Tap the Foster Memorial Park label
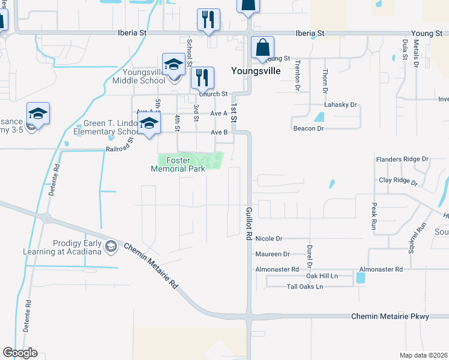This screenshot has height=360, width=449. [178, 164]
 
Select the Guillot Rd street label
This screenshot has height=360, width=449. [249, 224]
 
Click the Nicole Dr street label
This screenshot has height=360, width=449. [268, 239]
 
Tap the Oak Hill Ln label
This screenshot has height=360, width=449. [322, 276]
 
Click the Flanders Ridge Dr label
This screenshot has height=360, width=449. [402, 160]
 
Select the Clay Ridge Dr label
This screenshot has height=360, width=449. [397, 180]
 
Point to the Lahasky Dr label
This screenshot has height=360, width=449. [340, 104]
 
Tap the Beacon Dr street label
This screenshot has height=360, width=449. [309, 128]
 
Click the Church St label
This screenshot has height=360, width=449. [214, 94]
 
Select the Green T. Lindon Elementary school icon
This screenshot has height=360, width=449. [149, 125]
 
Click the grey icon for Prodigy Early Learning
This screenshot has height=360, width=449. [110, 246]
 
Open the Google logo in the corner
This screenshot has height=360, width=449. [20, 353]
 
